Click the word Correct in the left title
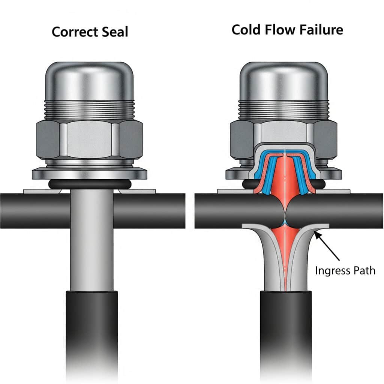tap(74, 32)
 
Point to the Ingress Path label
tap(345, 270)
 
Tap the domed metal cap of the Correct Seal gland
tap(89, 81)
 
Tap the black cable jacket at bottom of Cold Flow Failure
tap(286, 330)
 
